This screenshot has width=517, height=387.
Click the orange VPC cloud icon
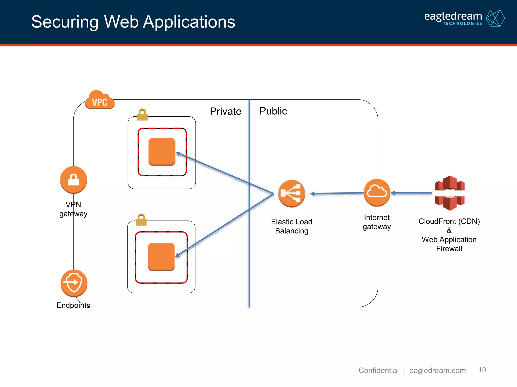(100, 100)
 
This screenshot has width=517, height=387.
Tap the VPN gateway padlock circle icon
(73, 180)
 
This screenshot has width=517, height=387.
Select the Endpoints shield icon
(74, 283)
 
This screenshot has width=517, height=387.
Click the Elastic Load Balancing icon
(292, 193)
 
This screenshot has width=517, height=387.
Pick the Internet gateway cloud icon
(377, 192)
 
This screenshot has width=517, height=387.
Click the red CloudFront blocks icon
(450, 193)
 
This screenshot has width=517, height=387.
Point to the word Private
(225, 111)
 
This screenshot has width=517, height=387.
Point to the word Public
(273, 111)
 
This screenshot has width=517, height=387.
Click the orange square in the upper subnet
(162, 152)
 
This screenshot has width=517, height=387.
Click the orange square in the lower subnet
(161, 256)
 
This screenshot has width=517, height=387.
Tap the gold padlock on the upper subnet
(142, 115)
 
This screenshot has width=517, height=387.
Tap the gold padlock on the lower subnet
(141, 220)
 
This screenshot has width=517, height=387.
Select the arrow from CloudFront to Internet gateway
(411, 193)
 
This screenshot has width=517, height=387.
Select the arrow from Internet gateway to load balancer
(337, 193)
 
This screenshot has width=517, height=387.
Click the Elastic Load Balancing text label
(292, 226)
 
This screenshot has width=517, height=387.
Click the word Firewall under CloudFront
(449, 249)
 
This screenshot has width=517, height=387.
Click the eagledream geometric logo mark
(495, 18)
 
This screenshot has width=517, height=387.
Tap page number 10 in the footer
(482, 370)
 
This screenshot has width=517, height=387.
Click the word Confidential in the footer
(378, 370)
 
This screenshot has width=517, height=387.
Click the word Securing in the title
(65, 22)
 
